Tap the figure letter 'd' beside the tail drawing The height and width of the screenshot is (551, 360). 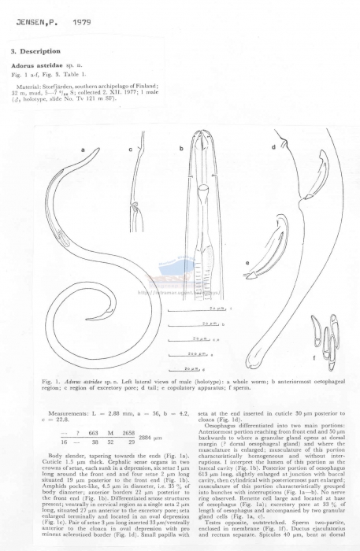click(273, 146)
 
